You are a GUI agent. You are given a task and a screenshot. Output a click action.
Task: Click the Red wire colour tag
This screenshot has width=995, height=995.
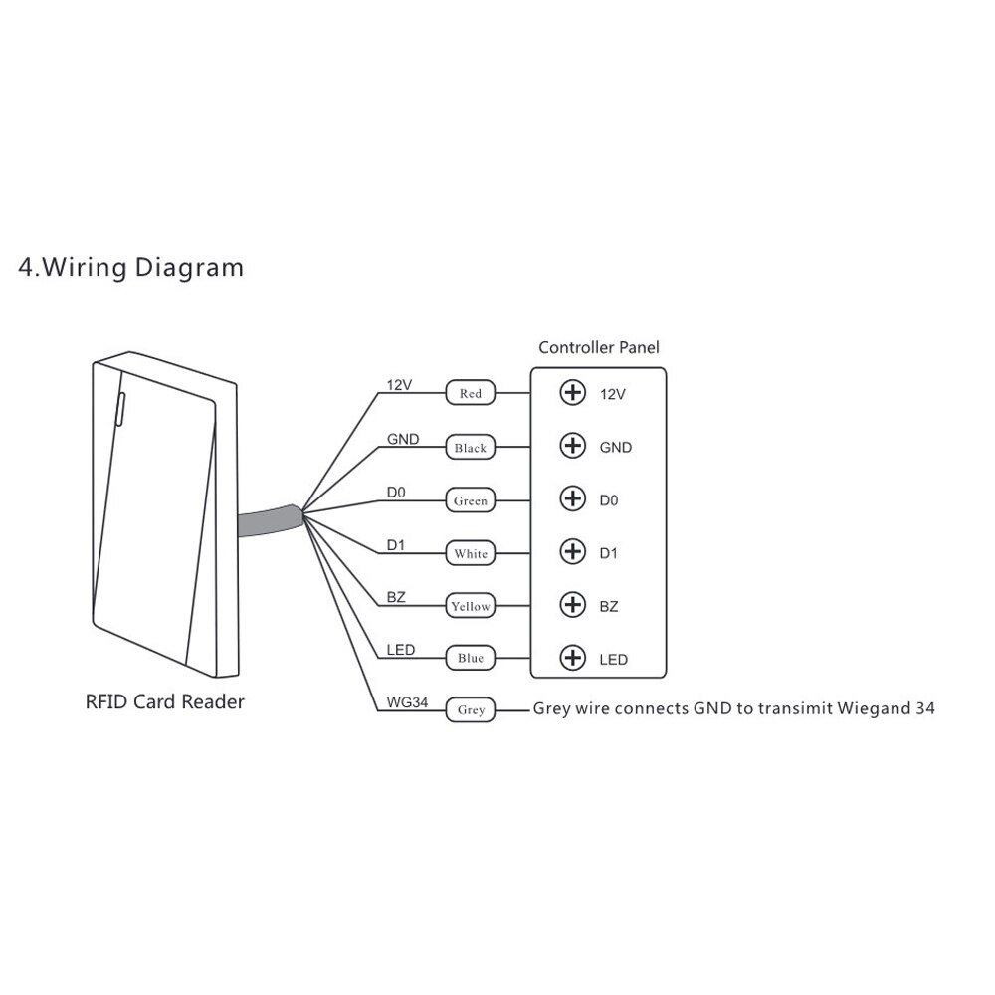tap(471, 394)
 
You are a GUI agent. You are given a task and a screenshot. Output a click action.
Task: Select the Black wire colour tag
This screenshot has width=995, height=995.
tap(471, 448)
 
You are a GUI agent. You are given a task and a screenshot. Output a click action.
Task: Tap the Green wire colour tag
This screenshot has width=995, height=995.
tap(471, 500)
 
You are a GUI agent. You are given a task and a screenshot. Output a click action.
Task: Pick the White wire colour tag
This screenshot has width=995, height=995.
tap(471, 553)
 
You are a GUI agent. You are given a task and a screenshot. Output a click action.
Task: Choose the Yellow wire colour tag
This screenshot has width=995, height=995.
tap(471, 606)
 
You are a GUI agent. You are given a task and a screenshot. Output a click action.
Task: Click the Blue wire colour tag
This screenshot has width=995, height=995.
tap(471, 658)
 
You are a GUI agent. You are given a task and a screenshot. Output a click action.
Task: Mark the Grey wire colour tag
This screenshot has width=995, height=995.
tap(471, 710)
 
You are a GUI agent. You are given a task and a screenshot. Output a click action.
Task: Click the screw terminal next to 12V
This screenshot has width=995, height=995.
tap(573, 393)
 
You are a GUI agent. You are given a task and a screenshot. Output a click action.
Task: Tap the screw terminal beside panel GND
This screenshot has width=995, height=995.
tap(573, 446)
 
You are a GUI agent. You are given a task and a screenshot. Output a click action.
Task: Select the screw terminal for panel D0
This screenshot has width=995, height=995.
tap(573, 498)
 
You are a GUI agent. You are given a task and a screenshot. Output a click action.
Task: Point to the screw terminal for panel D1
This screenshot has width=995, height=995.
tap(573, 551)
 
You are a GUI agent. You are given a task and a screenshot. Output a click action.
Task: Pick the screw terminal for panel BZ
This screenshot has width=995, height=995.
tap(573, 604)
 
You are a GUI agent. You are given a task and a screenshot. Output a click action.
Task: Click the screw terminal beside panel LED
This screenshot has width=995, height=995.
tap(573, 657)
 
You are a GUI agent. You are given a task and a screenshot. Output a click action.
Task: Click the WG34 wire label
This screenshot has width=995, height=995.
tap(406, 701)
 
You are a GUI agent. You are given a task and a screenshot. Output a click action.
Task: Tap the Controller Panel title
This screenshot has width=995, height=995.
tap(598, 348)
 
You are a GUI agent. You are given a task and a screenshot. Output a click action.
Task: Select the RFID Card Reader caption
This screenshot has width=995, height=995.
tap(164, 702)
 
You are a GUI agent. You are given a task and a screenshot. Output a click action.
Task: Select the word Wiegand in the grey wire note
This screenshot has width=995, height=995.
tap(853, 709)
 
